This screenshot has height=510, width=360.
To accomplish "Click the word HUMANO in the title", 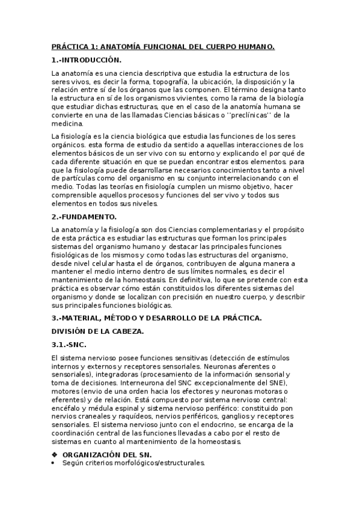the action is (255, 46).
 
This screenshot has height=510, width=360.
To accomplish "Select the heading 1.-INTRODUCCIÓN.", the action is (87, 60).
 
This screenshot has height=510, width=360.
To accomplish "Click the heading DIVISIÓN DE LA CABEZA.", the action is (100, 331).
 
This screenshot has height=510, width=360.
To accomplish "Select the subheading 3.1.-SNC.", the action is (70, 345).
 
